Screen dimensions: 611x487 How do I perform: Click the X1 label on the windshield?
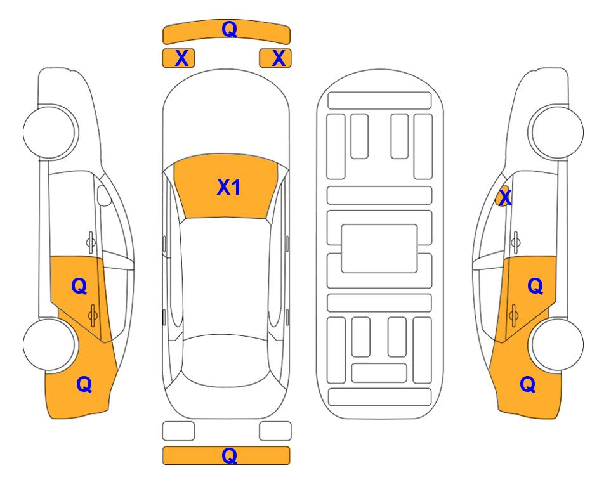[229, 187]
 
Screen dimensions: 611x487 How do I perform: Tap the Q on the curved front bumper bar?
[229, 29]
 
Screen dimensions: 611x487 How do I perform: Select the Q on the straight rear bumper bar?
[229, 455]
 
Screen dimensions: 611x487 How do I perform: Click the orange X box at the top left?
[178, 58]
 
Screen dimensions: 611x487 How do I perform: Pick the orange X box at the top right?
[275, 58]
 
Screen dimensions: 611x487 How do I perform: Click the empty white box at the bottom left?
[178, 431]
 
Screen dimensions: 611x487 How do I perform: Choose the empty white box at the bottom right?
[275, 431]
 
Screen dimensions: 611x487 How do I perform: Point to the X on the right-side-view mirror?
[505, 197]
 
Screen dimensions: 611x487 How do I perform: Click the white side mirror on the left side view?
[103, 195]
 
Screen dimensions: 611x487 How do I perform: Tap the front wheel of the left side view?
[50, 132]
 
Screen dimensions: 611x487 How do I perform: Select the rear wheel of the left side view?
[50, 344]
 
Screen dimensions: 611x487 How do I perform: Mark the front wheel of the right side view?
[556, 132]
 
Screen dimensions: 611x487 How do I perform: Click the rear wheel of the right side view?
[556, 344]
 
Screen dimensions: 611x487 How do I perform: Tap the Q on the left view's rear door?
[79, 287]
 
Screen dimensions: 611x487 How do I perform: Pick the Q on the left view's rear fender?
[84, 385]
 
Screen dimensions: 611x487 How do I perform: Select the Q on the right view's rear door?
[535, 287]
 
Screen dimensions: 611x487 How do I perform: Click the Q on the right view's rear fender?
[528, 385]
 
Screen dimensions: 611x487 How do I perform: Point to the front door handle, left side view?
[91, 242]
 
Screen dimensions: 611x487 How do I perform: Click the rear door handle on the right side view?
[513, 315]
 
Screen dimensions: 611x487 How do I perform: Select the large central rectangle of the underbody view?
[379, 249]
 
